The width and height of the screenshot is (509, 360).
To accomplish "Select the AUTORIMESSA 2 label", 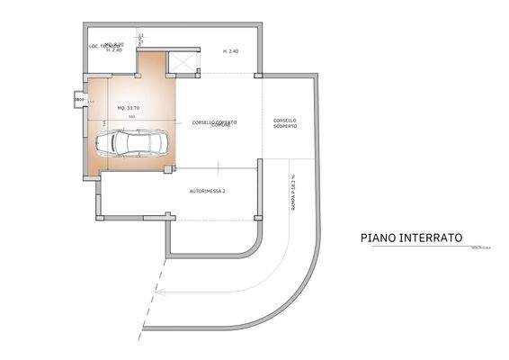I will click(x=207, y=192).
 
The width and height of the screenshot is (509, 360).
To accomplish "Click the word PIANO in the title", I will click(x=377, y=238).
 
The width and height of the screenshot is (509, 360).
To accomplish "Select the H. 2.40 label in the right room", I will click(x=230, y=51).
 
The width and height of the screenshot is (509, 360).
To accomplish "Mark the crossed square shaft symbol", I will click(x=183, y=63).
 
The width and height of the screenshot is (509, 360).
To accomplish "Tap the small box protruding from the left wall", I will click(x=78, y=99).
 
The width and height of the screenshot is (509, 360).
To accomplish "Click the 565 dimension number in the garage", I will click(x=131, y=116).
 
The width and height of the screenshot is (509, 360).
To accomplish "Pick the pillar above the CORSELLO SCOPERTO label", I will click(x=259, y=75).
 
